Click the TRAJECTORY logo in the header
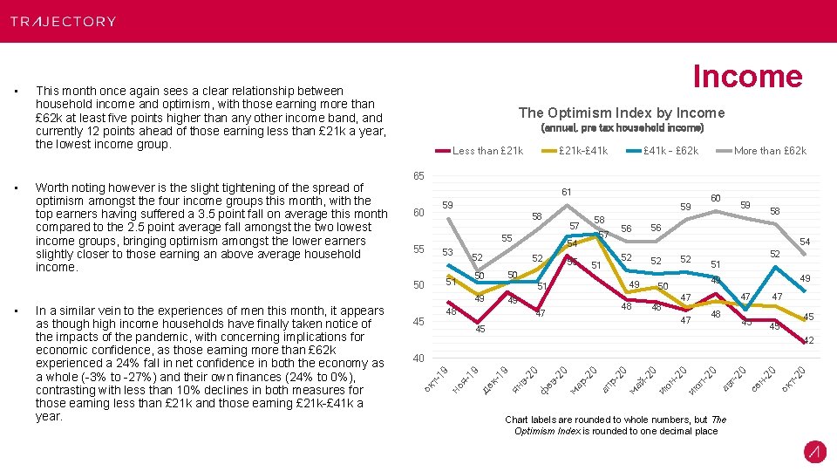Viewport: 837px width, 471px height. (63, 21)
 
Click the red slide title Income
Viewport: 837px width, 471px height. (746, 77)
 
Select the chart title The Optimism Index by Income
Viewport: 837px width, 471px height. (621, 113)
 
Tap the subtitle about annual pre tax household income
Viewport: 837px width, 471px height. (622, 127)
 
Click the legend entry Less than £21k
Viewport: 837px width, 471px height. (487, 151)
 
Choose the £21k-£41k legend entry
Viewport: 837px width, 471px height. (583, 151)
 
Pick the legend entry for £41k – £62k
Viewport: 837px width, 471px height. (670, 151)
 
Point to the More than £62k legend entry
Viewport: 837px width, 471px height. (770, 151)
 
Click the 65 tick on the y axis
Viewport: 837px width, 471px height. (418, 177)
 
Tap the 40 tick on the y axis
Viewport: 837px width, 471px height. (418, 358)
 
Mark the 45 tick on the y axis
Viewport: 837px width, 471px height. (418, 322)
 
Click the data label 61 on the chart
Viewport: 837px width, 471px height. (567, 192)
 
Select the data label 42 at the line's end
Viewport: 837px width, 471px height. (808, 340)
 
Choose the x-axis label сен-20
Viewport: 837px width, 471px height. (765, 377)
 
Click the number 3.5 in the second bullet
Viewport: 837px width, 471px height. (302, 214)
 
